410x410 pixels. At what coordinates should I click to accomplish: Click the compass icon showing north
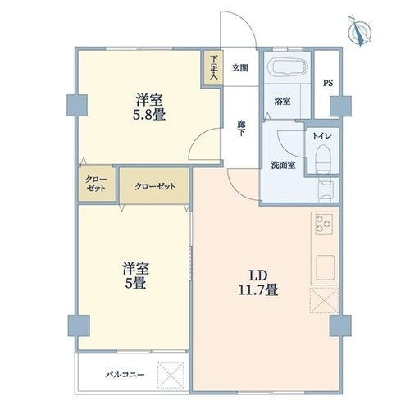click(x=359, y=31)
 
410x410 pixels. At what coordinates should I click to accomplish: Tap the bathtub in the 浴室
click(x=288, y=67)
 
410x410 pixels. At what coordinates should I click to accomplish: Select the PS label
click(x=328, y=83)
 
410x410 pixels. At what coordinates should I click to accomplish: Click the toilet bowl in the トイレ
click(x=323, y=159)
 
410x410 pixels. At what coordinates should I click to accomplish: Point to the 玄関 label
click(x=240, y=68)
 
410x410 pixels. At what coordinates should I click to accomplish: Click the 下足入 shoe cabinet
click(x=213, y=68)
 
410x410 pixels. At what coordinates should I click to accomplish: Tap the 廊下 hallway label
click(x=241, y=129)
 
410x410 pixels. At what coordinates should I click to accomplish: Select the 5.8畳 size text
click(x=149, y=115)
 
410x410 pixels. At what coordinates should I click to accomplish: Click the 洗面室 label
click(x=283, y=165)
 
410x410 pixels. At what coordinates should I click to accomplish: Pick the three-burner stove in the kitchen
click(x=324, y=224)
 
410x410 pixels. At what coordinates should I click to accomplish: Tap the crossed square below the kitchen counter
click(x=324, y=300)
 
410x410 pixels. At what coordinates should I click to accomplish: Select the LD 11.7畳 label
click(x=258, y=283)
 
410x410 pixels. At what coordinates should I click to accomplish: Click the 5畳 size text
click(x=135, y=283)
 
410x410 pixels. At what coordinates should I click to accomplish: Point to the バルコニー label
click(x=125, y=375)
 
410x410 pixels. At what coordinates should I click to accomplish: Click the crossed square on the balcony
click(x=171, y=375)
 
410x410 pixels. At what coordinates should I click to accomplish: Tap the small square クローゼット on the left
click(x=96, y=184)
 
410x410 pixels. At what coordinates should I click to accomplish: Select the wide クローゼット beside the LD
click(x=155, y=186)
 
